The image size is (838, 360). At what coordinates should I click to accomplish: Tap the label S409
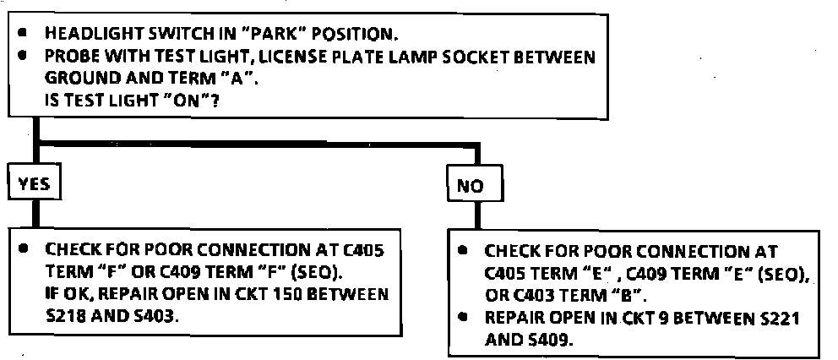pyautogui.click(x=552, y=340)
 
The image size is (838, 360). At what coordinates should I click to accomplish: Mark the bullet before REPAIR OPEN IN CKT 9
pyautogui.click(x=462, y=318)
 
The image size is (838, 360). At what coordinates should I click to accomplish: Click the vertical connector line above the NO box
pyautogui.click(x=476, y=159)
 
